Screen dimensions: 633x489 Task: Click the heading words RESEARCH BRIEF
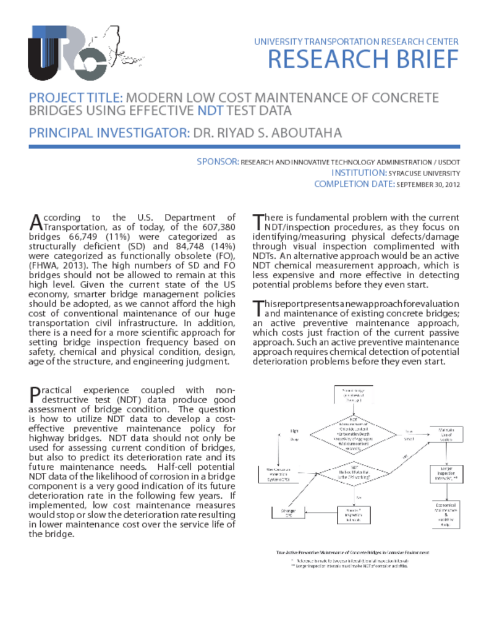click(x=363, y=60)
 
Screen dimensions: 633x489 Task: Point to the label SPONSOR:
click(x=218, y=162)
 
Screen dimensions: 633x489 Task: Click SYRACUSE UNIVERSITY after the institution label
click(x=424, y=173)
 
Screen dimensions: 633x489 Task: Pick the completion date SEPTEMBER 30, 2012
click(x=428, y=184)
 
